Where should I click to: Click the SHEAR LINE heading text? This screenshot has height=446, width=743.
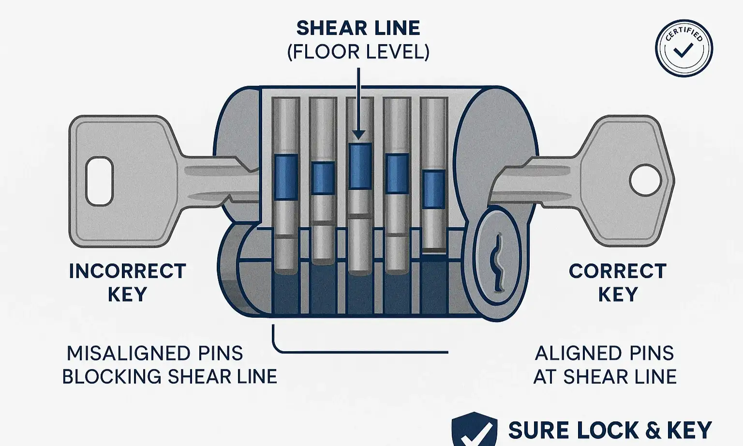358,28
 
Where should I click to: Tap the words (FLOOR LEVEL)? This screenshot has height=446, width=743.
358,52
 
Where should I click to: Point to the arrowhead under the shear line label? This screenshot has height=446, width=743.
358,134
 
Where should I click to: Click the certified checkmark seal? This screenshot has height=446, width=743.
684,48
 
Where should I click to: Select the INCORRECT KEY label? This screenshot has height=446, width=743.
127,282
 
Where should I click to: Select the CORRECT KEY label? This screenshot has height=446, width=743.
618,282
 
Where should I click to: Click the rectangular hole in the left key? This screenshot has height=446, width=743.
99,181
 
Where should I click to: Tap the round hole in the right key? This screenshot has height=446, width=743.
645,180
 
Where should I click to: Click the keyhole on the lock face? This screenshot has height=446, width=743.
497,261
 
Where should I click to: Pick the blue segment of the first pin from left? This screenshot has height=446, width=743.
286,177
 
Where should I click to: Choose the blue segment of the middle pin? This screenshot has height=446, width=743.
360,166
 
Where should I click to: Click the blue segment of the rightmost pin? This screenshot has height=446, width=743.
434,189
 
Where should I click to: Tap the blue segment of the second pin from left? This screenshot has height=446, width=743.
323,178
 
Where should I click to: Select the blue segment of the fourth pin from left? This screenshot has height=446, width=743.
397,173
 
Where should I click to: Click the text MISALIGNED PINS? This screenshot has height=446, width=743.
155,353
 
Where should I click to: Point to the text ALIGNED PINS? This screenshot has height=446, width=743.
604,353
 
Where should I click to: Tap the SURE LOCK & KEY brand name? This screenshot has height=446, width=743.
610,430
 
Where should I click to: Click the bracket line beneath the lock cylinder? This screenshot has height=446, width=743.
360,352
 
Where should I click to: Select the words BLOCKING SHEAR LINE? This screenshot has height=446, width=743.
170,376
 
